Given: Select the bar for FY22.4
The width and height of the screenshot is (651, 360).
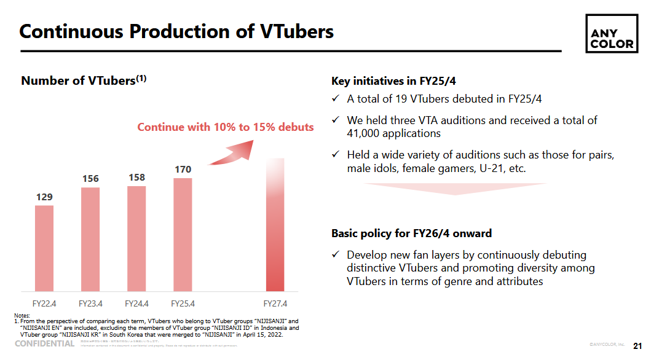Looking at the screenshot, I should click(x=44, y=248).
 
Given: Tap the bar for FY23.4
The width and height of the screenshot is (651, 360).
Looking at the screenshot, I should click(x=90, y=239).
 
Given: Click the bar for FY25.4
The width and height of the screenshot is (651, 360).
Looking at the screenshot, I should click(x=183, y=235).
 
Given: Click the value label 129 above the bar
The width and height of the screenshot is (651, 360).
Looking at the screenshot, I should click(x=44, y=197).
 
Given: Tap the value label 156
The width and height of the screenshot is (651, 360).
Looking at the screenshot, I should click(x=90, y=179).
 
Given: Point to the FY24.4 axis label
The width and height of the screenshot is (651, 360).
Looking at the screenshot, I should click(x=136, y=303).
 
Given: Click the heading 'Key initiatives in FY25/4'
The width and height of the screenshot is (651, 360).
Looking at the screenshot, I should click(x=393, y=81).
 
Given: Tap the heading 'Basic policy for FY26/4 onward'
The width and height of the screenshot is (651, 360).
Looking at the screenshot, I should click(x=411, y=233).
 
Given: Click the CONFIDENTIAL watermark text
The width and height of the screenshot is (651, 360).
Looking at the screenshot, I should click(x=45, y=343).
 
